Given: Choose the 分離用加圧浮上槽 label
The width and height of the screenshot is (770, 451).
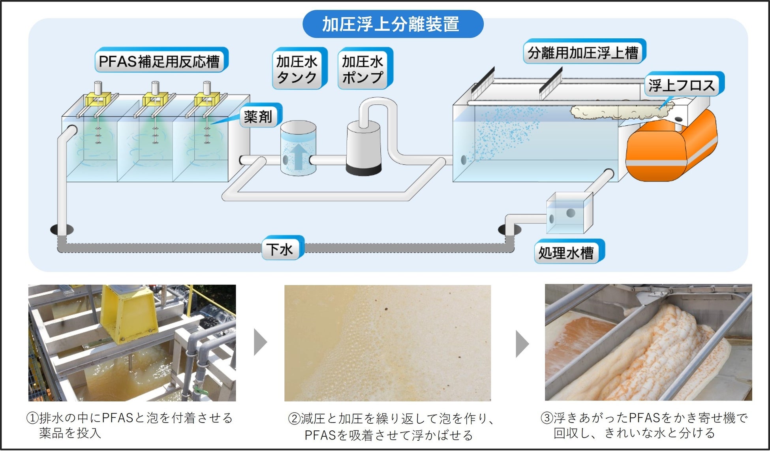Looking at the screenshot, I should point(583,52).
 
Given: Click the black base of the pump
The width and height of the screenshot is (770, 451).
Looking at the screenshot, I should point(363,169).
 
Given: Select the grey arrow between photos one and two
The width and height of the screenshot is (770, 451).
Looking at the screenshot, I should point(260,342).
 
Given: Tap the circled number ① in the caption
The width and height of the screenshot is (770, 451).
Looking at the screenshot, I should point(32,418).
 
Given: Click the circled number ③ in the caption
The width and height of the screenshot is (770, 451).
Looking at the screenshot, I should point(547,418).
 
